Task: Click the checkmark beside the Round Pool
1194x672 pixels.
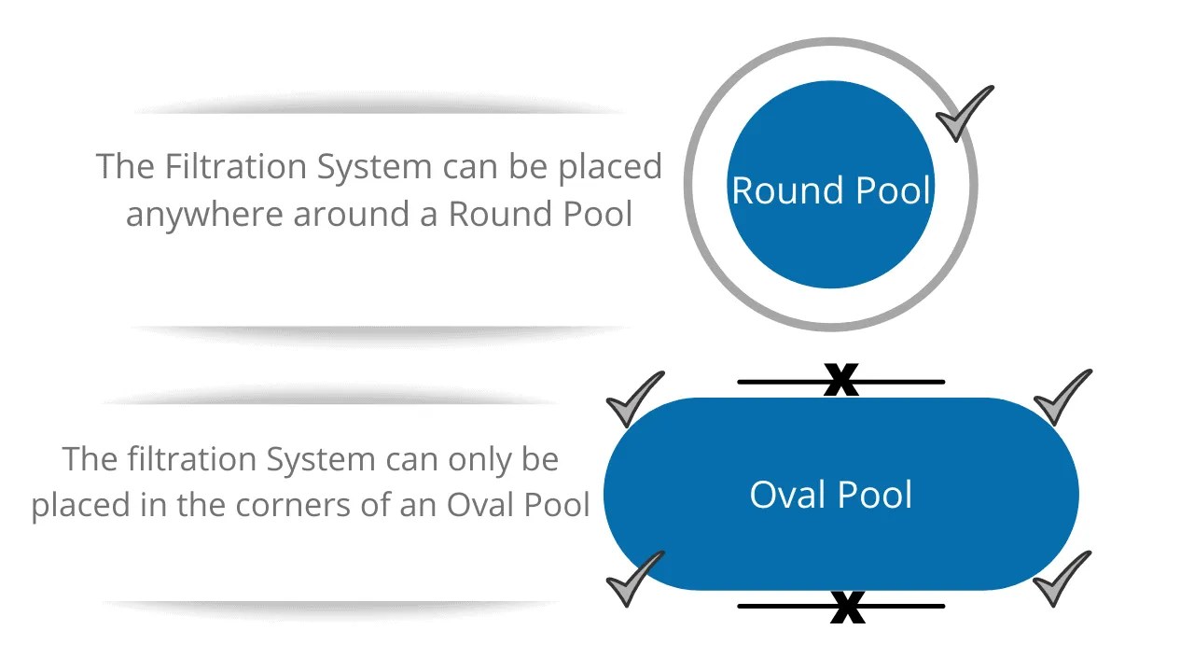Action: point(964,114)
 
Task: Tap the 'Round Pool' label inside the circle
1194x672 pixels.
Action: point(831,190)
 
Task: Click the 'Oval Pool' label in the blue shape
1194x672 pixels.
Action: point(831,494)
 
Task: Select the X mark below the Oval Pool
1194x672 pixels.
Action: point(847,608)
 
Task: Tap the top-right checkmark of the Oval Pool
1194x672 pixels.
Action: point(1062,398)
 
